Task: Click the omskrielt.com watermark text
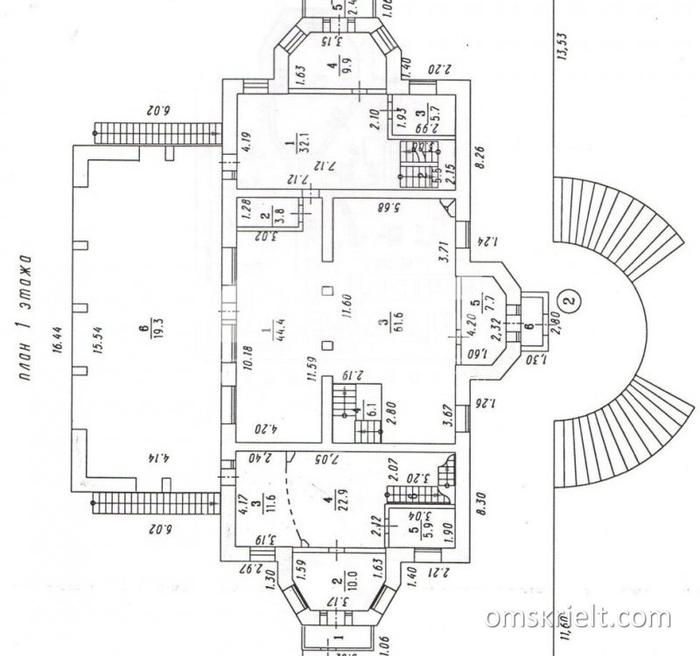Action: pyautogui.click(x=577, y=618)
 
